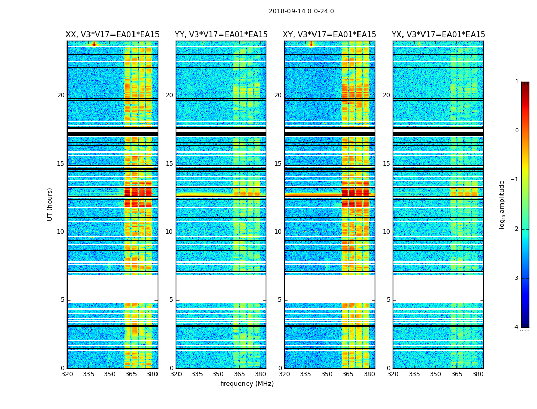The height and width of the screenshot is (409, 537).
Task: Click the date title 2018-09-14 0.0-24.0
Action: coord(301,11)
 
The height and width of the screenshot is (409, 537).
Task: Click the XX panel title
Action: coord(113,35)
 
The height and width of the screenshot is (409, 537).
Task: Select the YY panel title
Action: coord(221,35)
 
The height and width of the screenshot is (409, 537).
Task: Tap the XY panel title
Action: coord(330,35)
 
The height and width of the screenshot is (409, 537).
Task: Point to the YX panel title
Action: coord(438,35)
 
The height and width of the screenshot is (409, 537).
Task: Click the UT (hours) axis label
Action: coord(50,204)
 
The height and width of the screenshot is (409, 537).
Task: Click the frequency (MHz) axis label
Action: coord(247,384)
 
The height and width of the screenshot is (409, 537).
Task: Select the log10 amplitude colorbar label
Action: coord(502,204)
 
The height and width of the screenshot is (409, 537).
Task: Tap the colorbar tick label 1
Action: coord(517,82)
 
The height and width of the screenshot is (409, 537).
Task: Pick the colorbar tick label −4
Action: coord(515,327)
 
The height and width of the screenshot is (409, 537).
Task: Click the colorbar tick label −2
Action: coord(515,229)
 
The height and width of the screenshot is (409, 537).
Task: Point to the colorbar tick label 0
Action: coord(517,131)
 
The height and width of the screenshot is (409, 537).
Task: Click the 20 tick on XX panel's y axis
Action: coord(61,95)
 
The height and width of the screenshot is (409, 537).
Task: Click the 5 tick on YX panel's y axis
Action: coord(388,300)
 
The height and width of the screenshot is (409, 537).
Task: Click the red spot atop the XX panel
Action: coord(94,43)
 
